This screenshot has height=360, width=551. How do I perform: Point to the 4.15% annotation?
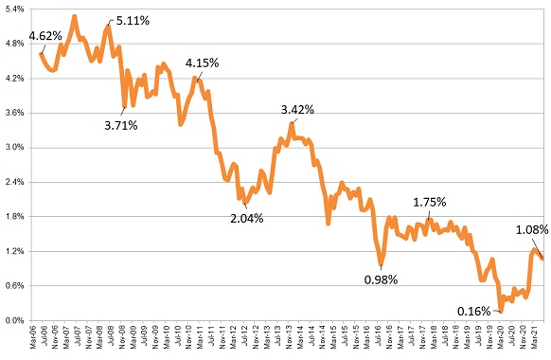[x=203, y=63]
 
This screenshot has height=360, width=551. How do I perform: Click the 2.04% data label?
[x=247, y=218]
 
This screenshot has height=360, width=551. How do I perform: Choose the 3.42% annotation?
[x=297, y=110]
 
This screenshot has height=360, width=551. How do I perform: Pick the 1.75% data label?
[x=429, y=202]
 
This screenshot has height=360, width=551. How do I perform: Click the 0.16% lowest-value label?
[x=473, y=311]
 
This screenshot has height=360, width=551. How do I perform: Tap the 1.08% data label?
[x=532, y=229]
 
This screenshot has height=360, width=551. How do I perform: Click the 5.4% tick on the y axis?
[x=13, y=9]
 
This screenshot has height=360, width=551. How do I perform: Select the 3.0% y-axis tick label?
[x=13, y=148]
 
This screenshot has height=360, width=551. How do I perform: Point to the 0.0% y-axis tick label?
[x=13, y=320]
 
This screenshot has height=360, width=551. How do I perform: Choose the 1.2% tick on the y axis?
[x=13, y=251]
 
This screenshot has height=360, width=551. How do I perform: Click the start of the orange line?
[x=41, y=53]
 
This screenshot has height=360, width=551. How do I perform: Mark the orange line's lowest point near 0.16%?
[x=501, y=310]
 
